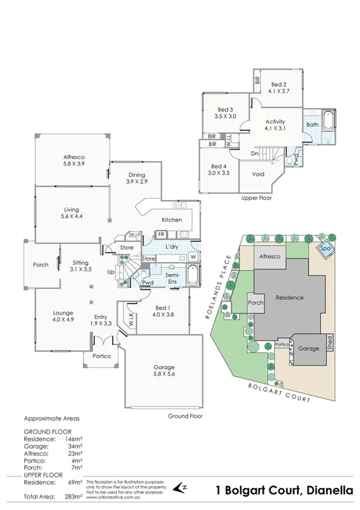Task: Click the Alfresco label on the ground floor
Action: tap(73, 160)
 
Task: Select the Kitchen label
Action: tap(172, 220)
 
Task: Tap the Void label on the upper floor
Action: tap(258, 174)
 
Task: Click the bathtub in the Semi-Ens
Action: tap(192, 275)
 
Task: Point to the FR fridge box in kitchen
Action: tap(161, 235)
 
